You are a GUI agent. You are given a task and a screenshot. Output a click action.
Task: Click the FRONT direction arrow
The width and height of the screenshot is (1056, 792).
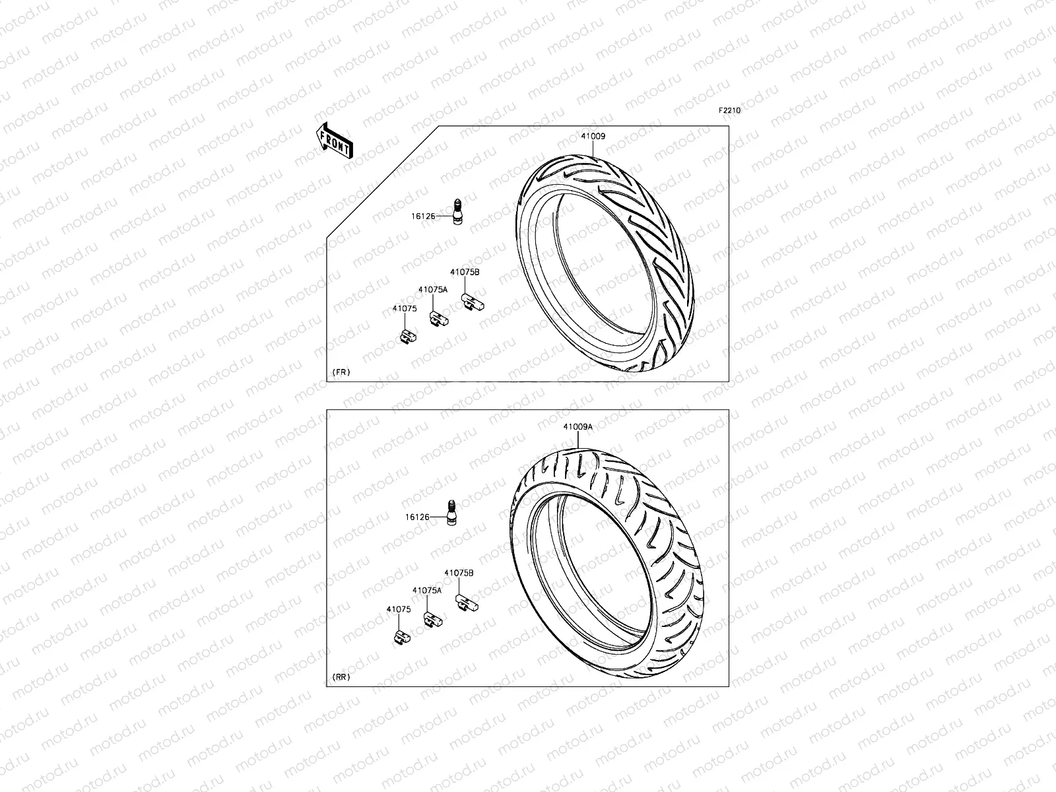coord(335,141)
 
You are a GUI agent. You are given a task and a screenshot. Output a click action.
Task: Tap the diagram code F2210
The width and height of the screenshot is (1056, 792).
coord(730,111)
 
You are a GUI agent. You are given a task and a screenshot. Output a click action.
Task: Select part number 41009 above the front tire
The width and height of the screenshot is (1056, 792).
coord(593,137)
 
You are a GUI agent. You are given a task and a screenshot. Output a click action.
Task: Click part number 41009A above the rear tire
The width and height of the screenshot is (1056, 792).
coord(577,427)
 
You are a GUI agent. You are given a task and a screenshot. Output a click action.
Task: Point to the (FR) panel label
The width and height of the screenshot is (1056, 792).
coord(341,372)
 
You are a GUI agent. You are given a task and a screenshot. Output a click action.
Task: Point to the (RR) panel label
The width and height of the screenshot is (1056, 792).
coord(341,677)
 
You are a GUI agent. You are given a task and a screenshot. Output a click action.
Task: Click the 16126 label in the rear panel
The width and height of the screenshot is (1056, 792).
coord(418,517)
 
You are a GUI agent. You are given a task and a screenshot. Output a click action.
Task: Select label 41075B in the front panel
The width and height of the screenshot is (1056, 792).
coord(465,272)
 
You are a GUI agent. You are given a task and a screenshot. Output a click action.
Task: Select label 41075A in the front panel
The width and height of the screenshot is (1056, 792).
coord(432,289)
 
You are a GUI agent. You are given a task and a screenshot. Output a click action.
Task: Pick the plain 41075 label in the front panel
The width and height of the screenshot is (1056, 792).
coord(404,308)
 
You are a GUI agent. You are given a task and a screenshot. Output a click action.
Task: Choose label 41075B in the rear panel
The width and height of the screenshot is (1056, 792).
coord(458,574)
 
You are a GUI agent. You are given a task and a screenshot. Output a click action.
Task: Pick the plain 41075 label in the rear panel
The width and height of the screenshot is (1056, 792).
coord(399,610)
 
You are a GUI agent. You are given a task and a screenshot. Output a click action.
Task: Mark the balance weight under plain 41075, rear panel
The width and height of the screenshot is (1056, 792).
coord(401,637)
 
